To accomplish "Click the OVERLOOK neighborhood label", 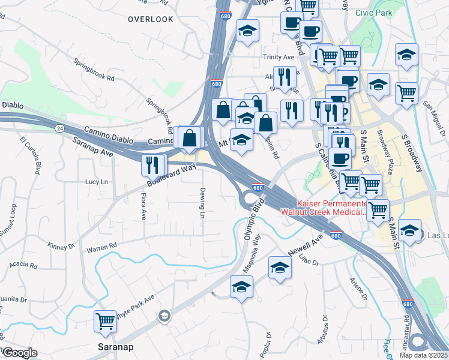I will pyautogui.click(x=151, y=19).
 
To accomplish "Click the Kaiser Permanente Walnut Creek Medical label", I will pyautogui.click(x=324, y=208).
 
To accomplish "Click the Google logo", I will pyautogui.click(x=19, y=353).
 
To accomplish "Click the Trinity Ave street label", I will pyautogui.click(x=279, y=57).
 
